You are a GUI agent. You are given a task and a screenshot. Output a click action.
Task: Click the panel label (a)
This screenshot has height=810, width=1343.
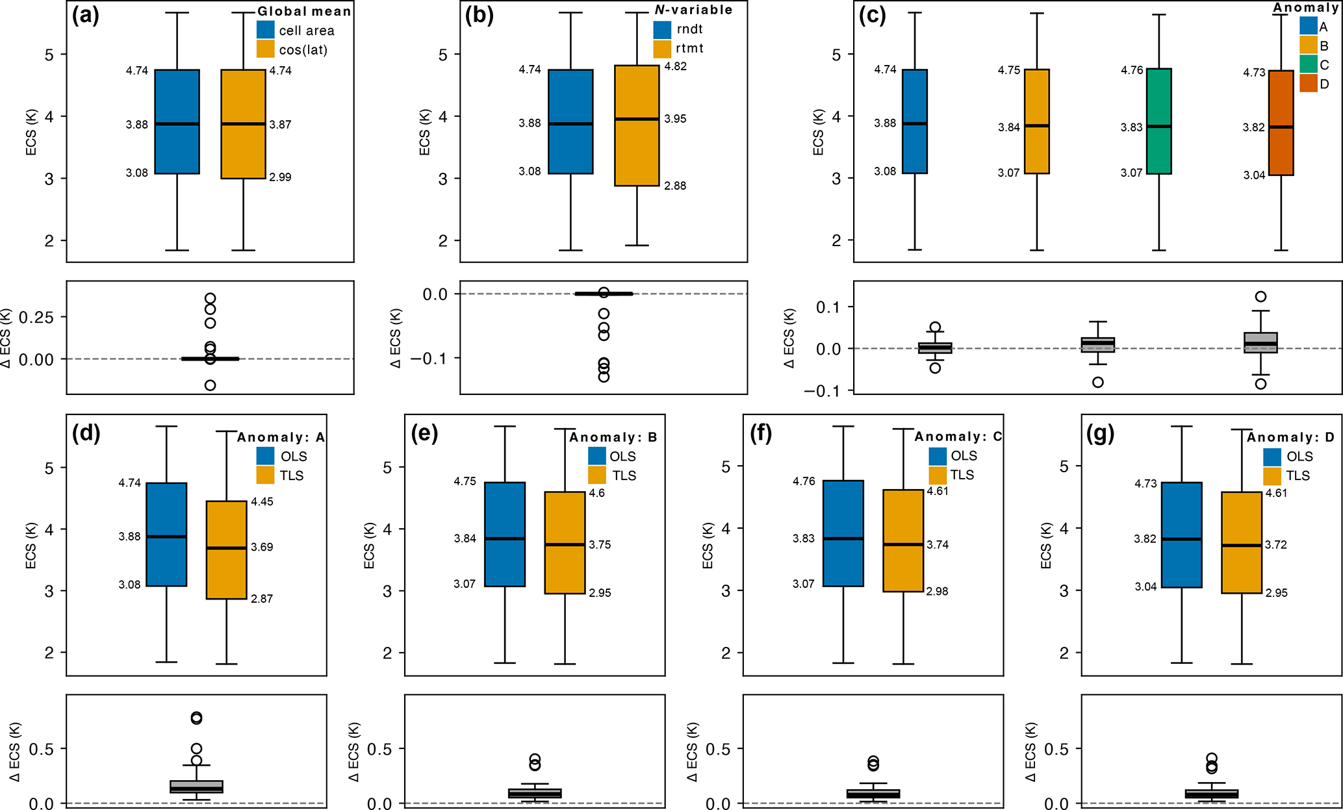85,16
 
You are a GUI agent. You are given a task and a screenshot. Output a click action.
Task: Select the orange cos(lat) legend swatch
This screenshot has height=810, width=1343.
265,49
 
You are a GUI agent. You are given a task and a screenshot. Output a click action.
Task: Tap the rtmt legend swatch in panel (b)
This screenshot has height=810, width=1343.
661,49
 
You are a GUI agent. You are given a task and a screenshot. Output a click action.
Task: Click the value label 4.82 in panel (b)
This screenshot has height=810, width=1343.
675,66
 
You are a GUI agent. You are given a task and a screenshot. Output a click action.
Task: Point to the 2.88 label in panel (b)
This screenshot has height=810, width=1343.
675,186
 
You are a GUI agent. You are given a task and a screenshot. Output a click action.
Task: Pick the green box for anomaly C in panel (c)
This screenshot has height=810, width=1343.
1158,121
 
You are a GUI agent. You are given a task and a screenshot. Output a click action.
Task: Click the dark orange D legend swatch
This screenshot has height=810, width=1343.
1308,84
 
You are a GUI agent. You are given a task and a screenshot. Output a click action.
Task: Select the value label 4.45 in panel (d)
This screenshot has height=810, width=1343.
262,501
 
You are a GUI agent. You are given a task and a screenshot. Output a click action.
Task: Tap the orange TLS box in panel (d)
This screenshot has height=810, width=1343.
226,550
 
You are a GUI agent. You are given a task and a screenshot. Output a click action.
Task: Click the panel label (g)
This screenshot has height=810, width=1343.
1100,433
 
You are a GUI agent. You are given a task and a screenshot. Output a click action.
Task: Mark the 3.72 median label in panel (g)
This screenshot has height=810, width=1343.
1275,545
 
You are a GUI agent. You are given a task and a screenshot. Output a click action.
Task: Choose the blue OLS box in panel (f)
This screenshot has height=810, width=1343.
843,533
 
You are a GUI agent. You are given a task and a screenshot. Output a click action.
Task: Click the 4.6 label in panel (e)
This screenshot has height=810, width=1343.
596,493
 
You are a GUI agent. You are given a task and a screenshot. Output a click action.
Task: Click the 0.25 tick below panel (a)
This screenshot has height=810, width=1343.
36,317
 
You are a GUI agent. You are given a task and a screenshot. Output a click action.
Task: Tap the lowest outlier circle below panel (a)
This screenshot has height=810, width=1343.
210,385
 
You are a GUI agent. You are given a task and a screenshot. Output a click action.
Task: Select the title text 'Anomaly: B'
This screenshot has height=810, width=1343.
613,437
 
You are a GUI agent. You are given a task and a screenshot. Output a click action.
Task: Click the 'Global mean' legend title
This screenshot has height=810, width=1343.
304,11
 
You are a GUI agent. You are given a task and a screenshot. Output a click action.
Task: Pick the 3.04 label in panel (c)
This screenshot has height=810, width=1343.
1254,175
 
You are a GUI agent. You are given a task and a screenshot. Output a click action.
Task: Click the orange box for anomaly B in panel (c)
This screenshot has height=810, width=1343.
1036,121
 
